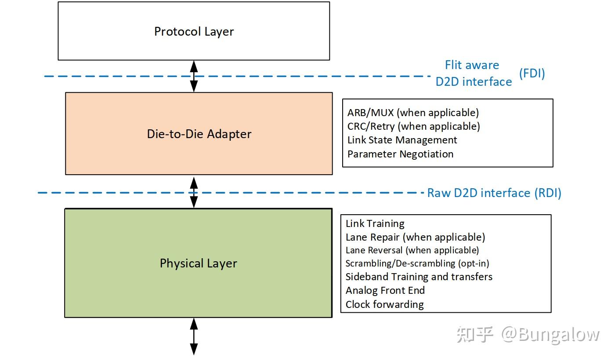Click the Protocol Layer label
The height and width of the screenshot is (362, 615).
pyautogui.click(x=194, y=32)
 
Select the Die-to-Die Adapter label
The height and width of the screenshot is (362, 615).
pyautogui.click(x=199, y=134)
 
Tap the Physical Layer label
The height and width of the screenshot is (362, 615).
pyautogui.click(x=199, y=263)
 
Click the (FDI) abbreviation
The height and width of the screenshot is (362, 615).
pyautogui.click(x=532, y=73)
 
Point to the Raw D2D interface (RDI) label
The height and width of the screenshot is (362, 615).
pyautogui.click(x=494, y=193)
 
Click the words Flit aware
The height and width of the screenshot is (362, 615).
pyautogui.click(x=472, y=65)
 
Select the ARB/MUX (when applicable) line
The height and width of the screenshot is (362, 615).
pyautogui.click(x=413, y=113)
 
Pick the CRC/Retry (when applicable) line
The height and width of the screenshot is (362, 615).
pyautogui.click(x=413, y=126)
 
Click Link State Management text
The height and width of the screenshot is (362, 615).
pyautogui.click(x=402, y=140)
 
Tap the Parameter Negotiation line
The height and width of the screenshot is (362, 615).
pyautogui.click(x=400, y=154)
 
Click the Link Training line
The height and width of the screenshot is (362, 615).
pyautogui.click(x=375, y=223)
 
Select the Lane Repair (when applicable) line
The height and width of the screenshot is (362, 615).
pyautogui.click(x=415, y=237)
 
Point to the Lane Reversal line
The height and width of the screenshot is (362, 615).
pyautogui.click(x=412, y=250)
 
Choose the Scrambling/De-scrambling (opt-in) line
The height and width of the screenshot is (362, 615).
pyautogui.click(x=417, y=263)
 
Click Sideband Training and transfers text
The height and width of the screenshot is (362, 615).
pyautogui.click(x=419, y=277)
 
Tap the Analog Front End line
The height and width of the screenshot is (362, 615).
pyautogui.click(x=385, y=290)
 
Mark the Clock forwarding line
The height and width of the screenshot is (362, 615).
pyautogui.click(x=384, y=304)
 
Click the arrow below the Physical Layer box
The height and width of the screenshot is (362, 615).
pyautogui.click(x=193, y=336)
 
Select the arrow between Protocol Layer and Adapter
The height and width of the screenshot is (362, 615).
pyautogui.click(x=194, y=76)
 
